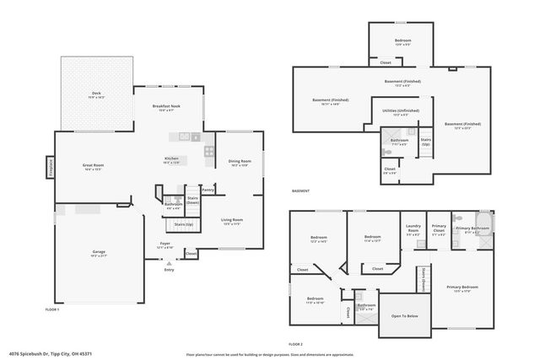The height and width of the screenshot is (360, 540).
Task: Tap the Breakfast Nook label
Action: point(166,106)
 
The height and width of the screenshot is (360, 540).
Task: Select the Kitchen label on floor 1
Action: point(171,159)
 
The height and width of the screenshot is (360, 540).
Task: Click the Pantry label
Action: point(208,190)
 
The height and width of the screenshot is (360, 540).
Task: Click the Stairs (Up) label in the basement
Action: point(426,141)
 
